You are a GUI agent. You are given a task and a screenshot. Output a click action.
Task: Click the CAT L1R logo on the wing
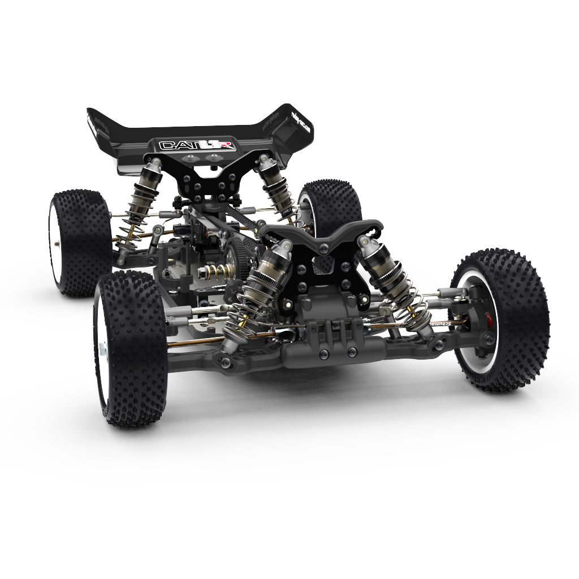(186, 145)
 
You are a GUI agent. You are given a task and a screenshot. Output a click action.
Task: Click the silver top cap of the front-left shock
(283, 247)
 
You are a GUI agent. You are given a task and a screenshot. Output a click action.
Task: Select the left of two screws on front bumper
(323, 354)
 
